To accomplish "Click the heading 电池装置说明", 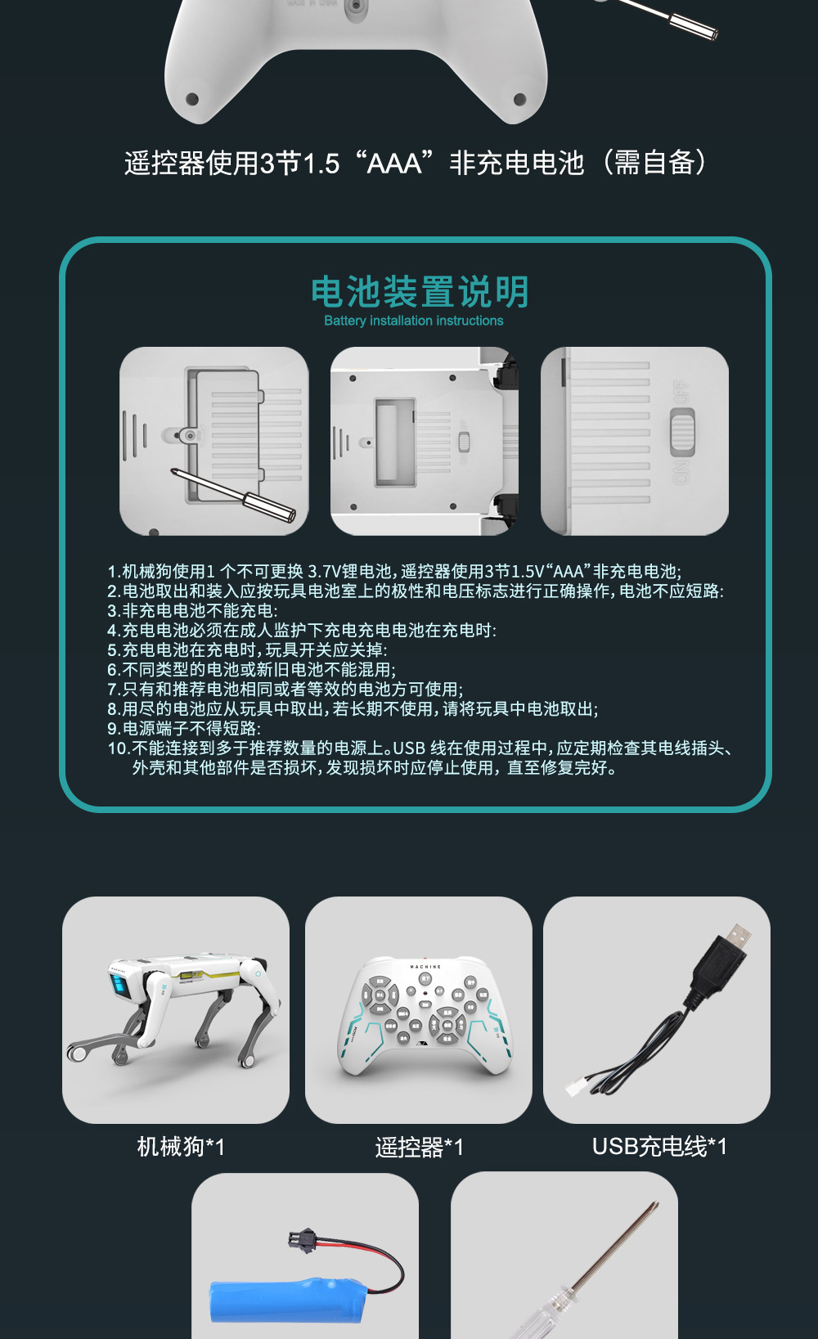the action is click(420, 292).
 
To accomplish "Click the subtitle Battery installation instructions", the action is click(414, 321).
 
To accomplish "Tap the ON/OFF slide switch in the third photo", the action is click(682, 432).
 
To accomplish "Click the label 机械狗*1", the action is click(181, 1147).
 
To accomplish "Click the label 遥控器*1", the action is click(419, 1147).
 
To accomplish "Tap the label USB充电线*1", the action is click(659, 1147).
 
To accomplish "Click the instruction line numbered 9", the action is click(184, 729).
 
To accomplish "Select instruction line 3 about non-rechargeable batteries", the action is click(192, 611).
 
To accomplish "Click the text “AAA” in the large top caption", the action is click(394, 164).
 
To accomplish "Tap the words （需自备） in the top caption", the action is click(654, 164).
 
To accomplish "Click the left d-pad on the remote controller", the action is click(379, 995).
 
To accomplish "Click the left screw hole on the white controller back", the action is click(192, 99).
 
